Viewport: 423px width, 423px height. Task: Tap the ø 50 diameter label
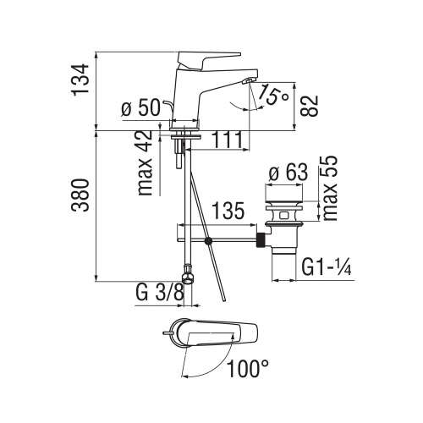pos(140,108)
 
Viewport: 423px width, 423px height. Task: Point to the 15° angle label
pos(275,96)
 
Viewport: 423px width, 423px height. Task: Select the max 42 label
pos(146,163)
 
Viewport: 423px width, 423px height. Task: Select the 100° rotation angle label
pos(247,368)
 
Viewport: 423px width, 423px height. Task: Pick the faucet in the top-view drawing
pos(216,335)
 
